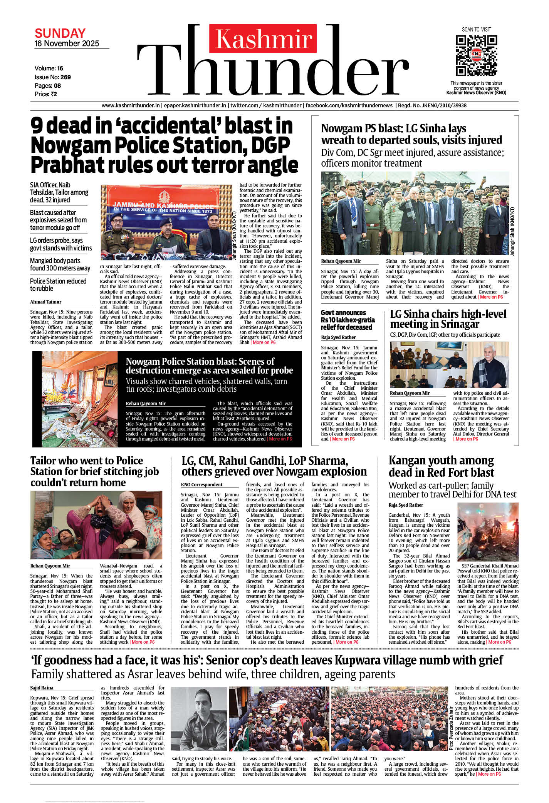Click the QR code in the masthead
pos(476,55)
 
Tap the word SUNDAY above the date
pos(60,33)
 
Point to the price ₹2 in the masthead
pos(54,94)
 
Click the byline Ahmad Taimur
pos(45,302)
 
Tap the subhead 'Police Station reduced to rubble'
pos(58,285)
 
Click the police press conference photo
pos(166,222)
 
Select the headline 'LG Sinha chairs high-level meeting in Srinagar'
pos(448,319)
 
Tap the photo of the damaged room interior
pos(75,399)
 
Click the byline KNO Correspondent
pos(202,485)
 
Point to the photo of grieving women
pos(96,525)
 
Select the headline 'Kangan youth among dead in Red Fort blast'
pos(441,466)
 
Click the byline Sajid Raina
pos(42,688)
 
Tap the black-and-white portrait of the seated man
pos(199,719)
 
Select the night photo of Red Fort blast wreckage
pos(488,532)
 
